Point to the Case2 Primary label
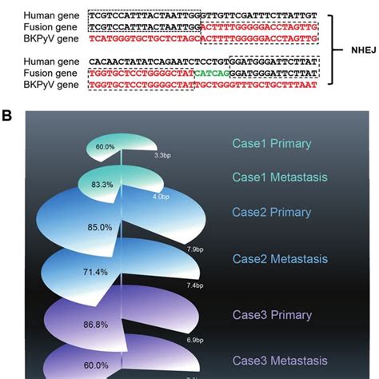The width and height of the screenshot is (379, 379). point(268,212)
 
